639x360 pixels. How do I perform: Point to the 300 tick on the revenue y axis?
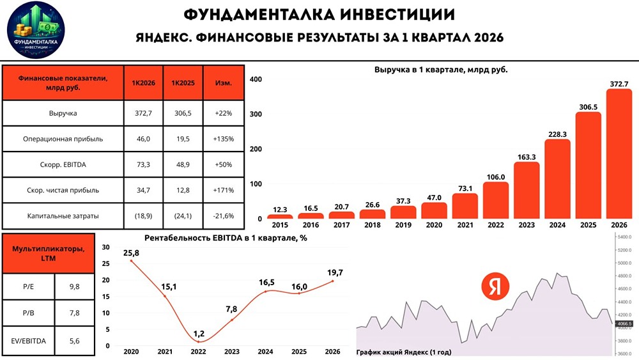pos(255,114)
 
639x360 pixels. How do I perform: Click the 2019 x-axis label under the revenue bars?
pos(404,226)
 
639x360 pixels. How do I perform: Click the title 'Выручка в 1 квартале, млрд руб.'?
pos(444,70)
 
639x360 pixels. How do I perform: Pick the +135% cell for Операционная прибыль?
pos(223,139)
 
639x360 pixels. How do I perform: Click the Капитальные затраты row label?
pos(63,215)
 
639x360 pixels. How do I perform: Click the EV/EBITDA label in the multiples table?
pos(28,341)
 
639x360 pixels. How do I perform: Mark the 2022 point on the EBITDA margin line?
pos(198,341)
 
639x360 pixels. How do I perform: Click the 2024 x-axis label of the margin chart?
pos(265,352)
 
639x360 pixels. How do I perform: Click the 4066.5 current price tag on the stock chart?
pos(624,324)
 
